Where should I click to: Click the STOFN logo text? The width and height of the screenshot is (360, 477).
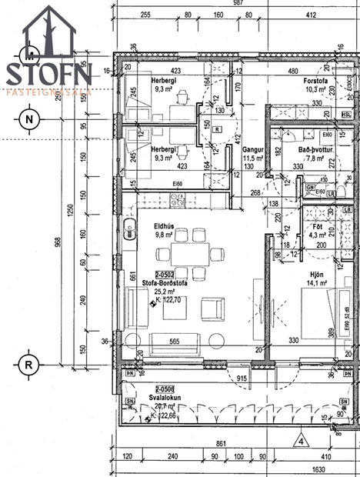50,74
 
